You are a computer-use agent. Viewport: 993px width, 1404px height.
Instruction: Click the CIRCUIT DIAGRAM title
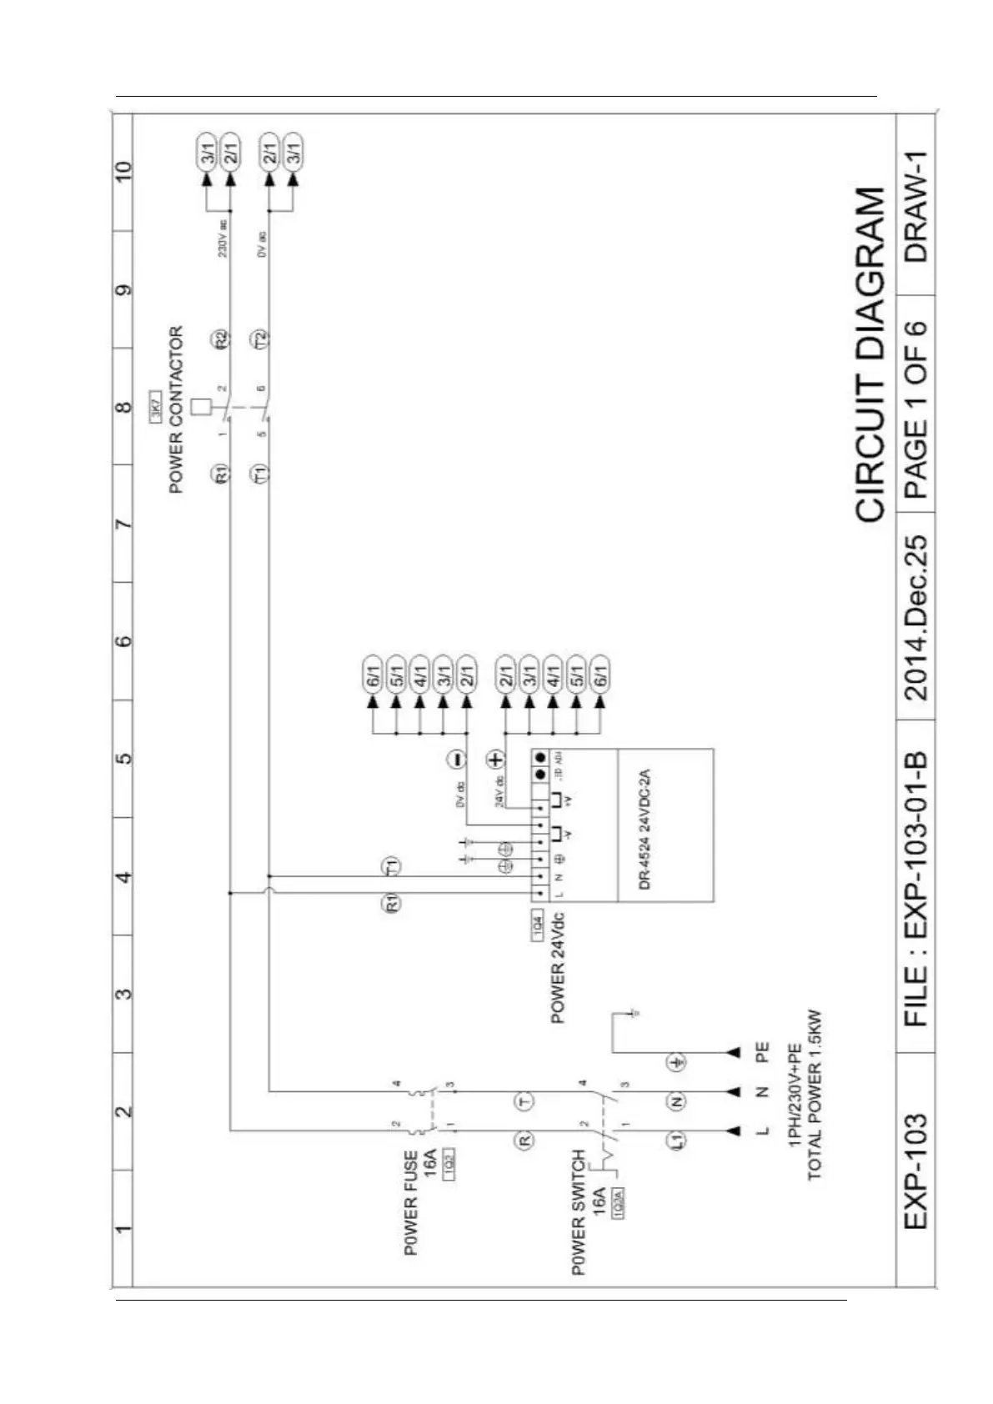tap(870, 355)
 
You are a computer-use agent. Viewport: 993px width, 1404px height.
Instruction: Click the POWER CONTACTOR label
tap(176, 409)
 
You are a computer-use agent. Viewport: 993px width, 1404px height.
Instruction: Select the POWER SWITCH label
tap(579, 1212)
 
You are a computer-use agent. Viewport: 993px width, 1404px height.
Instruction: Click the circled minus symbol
tap(456, 759)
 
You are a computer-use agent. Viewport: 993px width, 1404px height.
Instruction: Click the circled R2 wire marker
tap(221, 339)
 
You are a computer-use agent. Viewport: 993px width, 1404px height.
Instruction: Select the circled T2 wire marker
tap(261, 339)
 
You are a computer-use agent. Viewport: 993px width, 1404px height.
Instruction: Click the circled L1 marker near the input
tap(677, 1140)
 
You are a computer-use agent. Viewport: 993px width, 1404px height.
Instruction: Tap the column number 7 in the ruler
tap(123, 524)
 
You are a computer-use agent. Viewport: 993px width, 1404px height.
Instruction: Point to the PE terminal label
tap(761, 1052)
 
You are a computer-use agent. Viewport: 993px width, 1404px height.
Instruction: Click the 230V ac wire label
tap(223, 238)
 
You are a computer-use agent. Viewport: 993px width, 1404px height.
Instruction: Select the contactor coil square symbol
tap(201, 408)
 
